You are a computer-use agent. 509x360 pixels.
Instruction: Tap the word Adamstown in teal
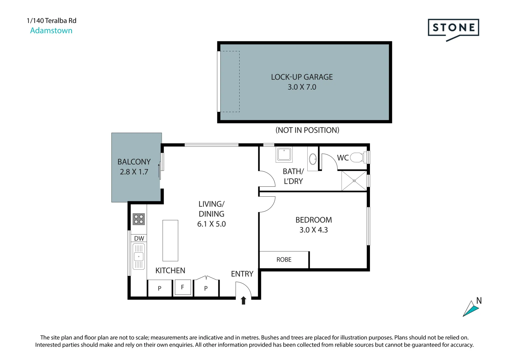[51, 30]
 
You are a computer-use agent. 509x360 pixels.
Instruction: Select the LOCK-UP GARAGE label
[302, 77]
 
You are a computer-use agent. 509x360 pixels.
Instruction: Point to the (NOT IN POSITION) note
[307, 130]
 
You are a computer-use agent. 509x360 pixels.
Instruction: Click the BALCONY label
[134, 162]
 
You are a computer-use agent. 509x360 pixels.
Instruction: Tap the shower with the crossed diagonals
[354, 181]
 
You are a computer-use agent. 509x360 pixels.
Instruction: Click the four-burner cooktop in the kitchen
[139, 219]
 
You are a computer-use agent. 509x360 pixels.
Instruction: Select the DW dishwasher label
[139, 238]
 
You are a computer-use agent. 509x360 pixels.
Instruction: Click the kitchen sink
[139, 257]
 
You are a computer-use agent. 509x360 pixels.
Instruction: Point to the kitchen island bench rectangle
[170, 240]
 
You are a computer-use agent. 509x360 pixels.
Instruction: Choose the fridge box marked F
[182, 287]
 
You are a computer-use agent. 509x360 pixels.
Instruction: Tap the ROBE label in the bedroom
[284, 260]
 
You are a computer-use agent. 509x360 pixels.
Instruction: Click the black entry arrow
[243, 300]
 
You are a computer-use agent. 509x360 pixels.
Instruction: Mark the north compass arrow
[470, 308]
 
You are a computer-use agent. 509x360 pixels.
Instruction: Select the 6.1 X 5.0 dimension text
[211, 224]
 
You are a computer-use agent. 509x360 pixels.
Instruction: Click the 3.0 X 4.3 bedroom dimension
[314, 230]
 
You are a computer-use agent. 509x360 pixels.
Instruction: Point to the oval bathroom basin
[313, 159]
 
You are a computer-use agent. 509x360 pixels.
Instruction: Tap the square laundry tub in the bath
[284, 154]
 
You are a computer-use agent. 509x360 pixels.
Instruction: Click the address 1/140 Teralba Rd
[52, 21]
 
